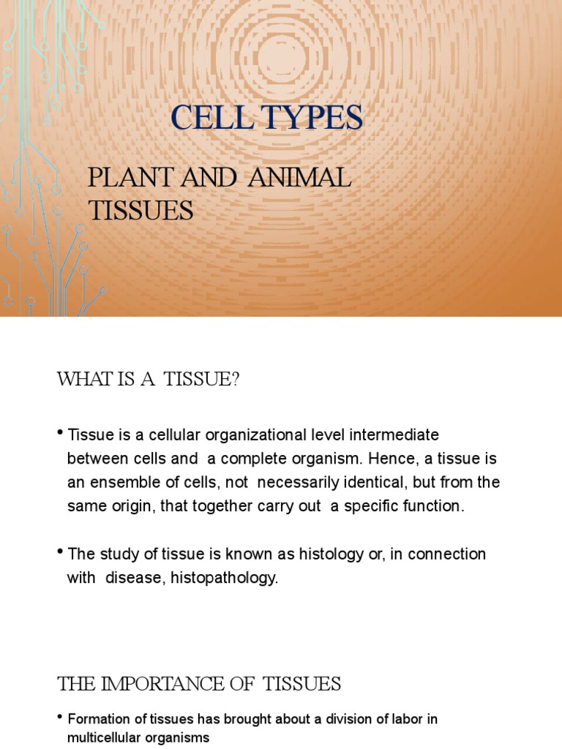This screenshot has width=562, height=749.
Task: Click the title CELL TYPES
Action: pyautogui.click(x=266, y=118)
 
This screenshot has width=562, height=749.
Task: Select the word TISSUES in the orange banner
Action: pyautogui.click(x=141, y=211)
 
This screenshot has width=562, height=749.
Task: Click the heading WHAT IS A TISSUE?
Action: pyautogui.click(x=149, y=380)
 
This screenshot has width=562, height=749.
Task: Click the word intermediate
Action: pyautogui.click(x=397, y=435)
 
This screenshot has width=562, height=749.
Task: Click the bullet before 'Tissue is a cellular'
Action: pyautogui.click(x=60, y=434)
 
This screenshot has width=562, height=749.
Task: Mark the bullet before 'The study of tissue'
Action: pyautogui.click(x=60, y=552)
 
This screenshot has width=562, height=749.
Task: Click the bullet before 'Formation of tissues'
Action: pyautogui.click(x=60, y=718)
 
